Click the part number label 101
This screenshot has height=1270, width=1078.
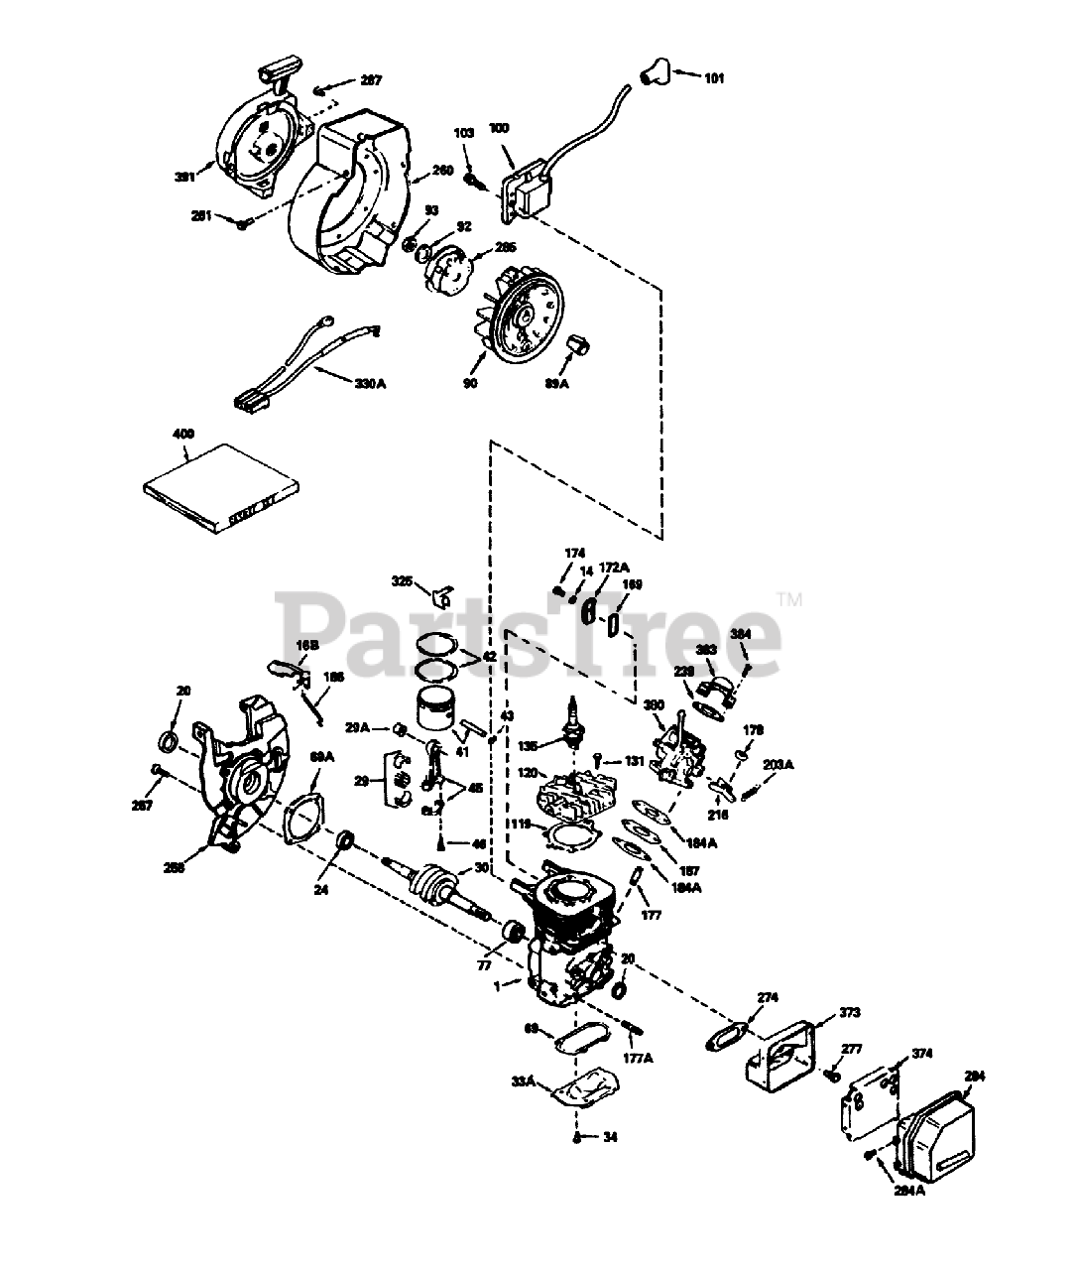point(714,78)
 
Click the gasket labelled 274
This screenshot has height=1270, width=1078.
point(726,1034)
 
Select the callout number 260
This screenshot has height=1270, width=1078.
point(442,171)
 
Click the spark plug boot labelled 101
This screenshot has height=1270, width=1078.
point(652,70)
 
